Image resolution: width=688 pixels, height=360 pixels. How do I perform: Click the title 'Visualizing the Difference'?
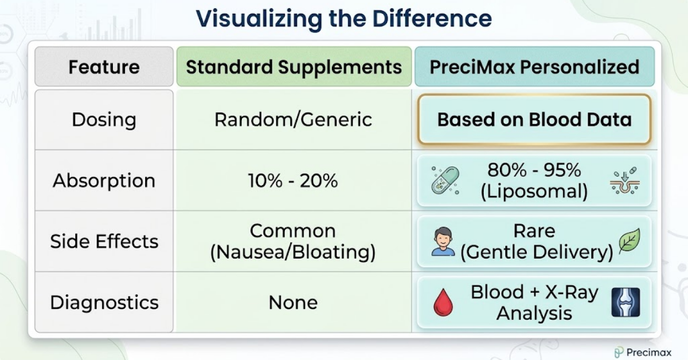pos(343,18)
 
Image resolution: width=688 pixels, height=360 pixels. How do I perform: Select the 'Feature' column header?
pos(104,67)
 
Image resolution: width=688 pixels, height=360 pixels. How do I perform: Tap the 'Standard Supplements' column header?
pos(294,67)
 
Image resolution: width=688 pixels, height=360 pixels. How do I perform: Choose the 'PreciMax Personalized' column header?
pos(534,67)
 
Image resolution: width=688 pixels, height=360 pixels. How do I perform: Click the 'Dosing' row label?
pos(104,120)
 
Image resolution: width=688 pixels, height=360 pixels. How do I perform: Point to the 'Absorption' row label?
pos(104,181)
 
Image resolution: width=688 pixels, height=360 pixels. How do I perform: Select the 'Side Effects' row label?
pos(104,241)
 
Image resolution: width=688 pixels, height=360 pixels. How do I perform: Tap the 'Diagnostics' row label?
pos(104,302)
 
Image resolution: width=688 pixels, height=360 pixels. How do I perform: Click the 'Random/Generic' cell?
pos(293,120)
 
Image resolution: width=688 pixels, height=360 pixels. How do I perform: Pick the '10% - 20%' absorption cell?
pos(293,181)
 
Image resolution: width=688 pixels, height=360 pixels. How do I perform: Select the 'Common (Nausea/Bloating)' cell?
pos(293,241)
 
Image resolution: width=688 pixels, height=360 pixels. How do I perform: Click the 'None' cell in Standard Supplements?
pos(293,302)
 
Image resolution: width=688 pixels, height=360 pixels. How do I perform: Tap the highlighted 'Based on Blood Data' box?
pos(534,119)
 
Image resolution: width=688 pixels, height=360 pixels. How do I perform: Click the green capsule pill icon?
pos(445,180)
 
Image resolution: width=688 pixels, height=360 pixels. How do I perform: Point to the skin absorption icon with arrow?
pos(624,181)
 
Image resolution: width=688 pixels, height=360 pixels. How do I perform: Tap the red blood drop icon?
pos(443,303)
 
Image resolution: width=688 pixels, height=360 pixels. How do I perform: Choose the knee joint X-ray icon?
pos(625,302)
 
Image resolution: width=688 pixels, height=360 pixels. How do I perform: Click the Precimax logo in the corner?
pos(642,352)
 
